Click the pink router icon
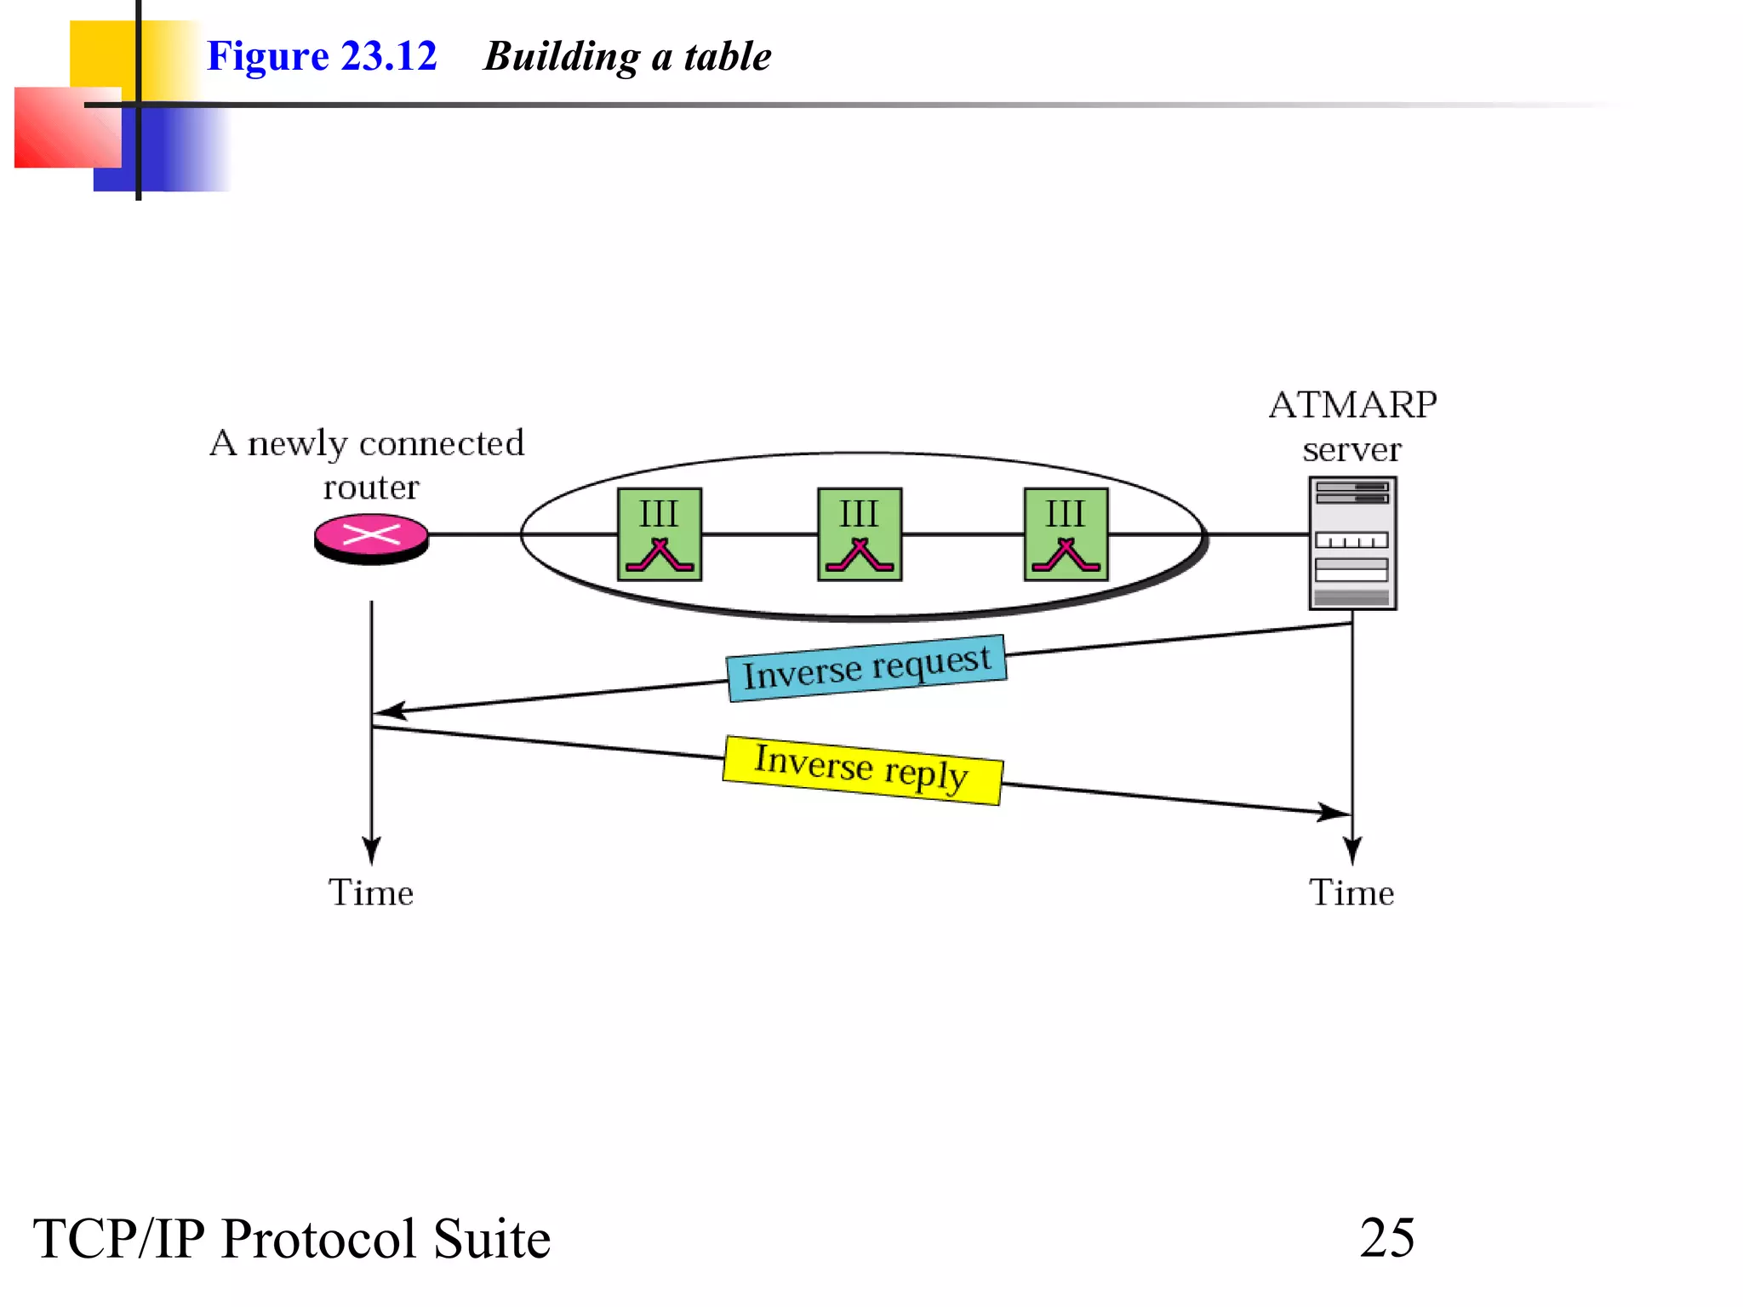pyautogui.click(x=371, y=538)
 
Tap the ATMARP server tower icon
pyautogui.click(x=1352, y=543)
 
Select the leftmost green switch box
pyautogui.click(x=660, y=534)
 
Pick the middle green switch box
pyautogui.click(x=860, y=534)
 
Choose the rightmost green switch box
pyautogui.click(x=1066, y=534)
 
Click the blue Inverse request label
pyautogui.click(x=866, y=668)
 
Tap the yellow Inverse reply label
pyautogui.click(x=862, y=769)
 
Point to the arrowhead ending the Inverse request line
pyautogui.click(x=387, y=711)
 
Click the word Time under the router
pyautogui.click(x=371, y=893)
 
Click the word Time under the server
pyautogui.click(x=1351, y=893)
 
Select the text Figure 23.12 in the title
pyautogui.click(x=322, y=56)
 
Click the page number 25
pyautogui.click(x=1386, y=1237)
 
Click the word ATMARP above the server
pyautogui.click(x=1352, y=405)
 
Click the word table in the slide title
pyautogui.click(x=728, y=56)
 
